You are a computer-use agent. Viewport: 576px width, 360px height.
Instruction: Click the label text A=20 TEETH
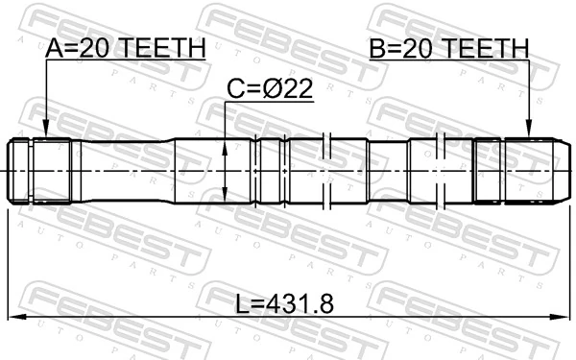tap(126, 47)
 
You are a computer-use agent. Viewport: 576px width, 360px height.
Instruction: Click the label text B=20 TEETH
tap(449, 47)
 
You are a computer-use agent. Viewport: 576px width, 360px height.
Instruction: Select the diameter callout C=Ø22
tap(270, 89)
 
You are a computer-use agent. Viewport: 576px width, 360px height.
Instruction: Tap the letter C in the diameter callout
tap(233, 89)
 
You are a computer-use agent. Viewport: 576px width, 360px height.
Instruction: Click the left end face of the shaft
tap(10, 171)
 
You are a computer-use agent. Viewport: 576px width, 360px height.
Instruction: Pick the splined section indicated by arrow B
tap(529, 171)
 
